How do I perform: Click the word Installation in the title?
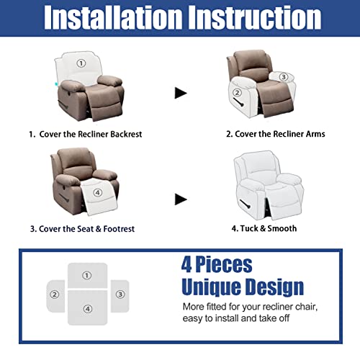point(113,17)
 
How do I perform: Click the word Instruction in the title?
point(255,17)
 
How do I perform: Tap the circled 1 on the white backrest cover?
point(81,63)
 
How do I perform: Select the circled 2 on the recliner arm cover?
point(237,93)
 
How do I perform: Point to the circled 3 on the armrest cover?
point(284,77)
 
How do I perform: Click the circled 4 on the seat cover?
point(98,192)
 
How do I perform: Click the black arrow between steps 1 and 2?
point(181,93)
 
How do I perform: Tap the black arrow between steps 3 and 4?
point(181,199)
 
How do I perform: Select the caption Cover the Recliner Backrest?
point(91,134)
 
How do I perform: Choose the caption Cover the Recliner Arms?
point(280,134)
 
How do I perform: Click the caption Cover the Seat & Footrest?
point(86,229)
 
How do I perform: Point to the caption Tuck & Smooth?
point(269,228)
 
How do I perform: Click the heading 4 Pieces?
point(217,264)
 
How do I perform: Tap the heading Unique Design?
point(243,287)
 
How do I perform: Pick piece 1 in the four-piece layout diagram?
point(87,275)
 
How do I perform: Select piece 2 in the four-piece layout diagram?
point(55,296)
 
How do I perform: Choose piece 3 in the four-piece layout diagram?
point(120,296)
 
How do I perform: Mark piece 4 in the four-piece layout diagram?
point(88,307)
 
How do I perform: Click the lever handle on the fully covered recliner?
point(246,204)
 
